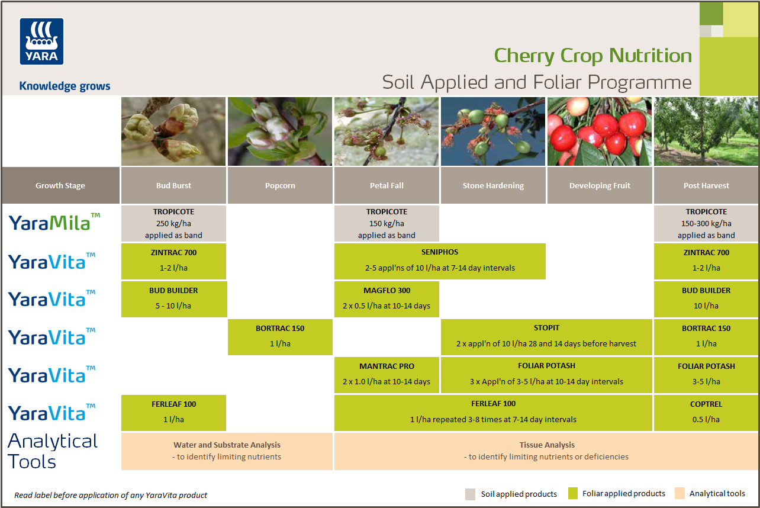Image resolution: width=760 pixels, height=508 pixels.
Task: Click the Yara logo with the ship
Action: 41,41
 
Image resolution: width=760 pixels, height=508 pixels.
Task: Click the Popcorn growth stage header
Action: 280,185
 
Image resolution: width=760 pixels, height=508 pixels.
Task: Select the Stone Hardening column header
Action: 493,185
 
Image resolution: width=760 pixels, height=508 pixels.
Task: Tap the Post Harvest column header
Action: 706,185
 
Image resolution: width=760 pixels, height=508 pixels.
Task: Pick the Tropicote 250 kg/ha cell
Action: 173,223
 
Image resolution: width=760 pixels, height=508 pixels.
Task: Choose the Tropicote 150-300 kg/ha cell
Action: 706,223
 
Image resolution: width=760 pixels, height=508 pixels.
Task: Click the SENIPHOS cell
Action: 440,261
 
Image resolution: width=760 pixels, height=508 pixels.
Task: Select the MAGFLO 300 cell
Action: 387,298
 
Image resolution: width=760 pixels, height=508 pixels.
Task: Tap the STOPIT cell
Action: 546,336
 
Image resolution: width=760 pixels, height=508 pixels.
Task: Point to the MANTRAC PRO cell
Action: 387,374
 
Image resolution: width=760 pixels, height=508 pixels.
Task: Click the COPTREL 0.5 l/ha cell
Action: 706,412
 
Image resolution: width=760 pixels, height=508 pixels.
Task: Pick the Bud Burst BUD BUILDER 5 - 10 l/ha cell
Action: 173,298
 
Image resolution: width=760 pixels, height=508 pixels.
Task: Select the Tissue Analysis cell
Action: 546,451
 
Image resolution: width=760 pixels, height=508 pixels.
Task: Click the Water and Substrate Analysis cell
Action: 227,451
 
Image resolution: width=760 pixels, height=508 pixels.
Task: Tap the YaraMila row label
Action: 54,223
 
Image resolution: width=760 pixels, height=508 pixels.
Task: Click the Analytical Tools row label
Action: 53,451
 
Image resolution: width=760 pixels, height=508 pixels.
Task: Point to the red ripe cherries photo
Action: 599,131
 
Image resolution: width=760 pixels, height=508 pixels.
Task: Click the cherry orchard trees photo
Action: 706,131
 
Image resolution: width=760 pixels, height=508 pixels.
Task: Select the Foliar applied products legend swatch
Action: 572,493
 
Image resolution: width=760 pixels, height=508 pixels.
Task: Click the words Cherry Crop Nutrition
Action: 592,56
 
